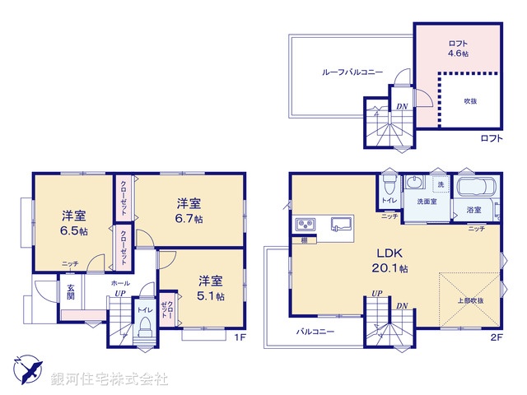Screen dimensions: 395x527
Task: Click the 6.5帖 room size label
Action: [75, 231]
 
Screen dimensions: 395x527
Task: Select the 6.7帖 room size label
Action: [189, 218]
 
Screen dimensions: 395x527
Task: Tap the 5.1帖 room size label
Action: [210, 296]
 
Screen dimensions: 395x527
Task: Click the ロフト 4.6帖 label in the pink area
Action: [459, 53]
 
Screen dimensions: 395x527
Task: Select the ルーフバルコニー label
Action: [352, 72]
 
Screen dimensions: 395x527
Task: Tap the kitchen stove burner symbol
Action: [302, 225]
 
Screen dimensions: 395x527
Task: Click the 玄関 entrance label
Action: [71, 292]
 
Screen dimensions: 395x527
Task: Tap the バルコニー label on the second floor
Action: [316, 332]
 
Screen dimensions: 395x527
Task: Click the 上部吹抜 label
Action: [470, 300]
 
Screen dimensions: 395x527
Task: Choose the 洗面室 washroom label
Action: [426, 201]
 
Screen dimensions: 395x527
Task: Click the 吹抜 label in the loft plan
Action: [469, 100]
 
